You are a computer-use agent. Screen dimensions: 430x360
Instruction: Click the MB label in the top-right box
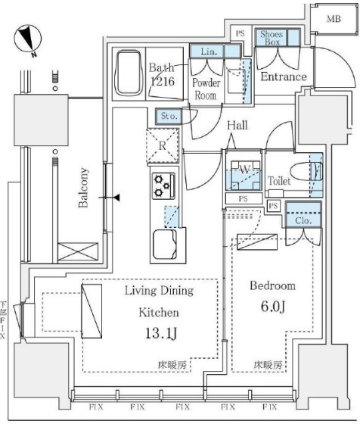334,19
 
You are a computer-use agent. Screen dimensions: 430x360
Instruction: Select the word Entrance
284,76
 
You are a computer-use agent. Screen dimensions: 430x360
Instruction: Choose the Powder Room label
206,89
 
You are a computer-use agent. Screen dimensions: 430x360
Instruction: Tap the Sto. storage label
167,116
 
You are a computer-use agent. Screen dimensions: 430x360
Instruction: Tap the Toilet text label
280,181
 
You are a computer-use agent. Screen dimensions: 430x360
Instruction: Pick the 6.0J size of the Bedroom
273,307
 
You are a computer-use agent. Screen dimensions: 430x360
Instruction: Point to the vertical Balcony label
85,188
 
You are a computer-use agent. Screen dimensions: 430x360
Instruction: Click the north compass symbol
27,39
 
